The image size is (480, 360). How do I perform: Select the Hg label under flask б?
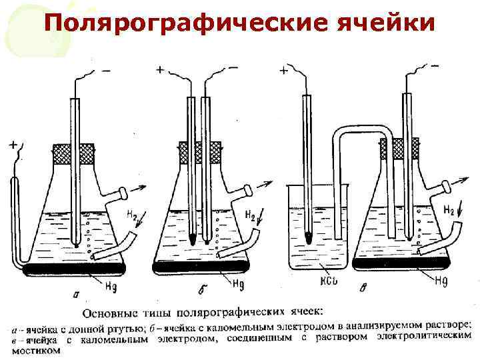238,283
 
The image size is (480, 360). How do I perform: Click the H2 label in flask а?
133,215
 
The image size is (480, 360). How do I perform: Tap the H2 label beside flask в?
449,211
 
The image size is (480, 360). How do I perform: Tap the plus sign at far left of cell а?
14,144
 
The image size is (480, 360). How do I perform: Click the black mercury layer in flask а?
74,269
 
